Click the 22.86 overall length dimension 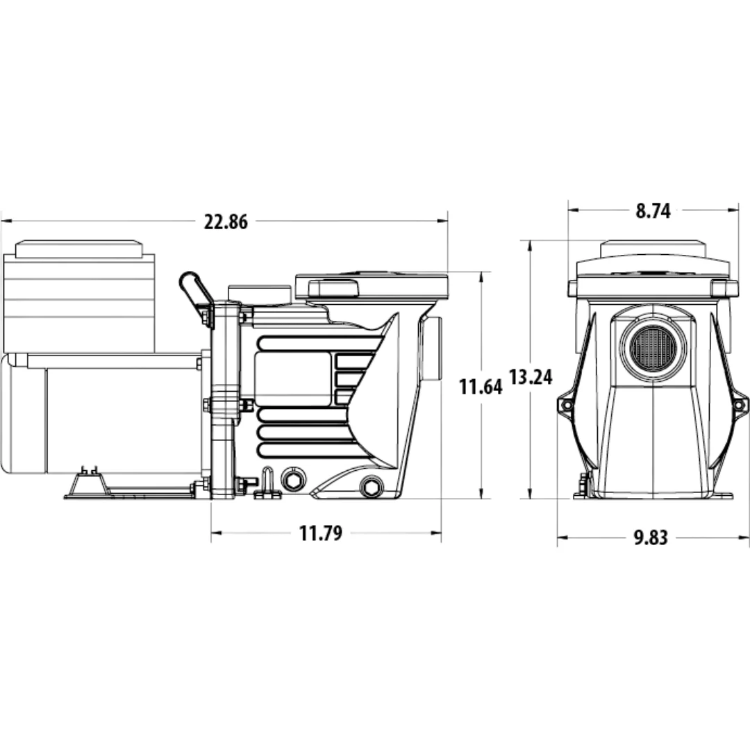226,222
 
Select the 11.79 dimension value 320,533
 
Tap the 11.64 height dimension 481,387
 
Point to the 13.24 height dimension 531,377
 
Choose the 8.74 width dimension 653,211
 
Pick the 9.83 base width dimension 651,537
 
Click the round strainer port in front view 652,346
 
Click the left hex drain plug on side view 293,481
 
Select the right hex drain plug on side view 371,487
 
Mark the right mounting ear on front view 740,406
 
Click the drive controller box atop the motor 79,297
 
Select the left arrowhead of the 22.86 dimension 6,221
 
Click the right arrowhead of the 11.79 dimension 435,533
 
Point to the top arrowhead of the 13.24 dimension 530,245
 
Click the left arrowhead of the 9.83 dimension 562,537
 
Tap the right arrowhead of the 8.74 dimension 734,210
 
